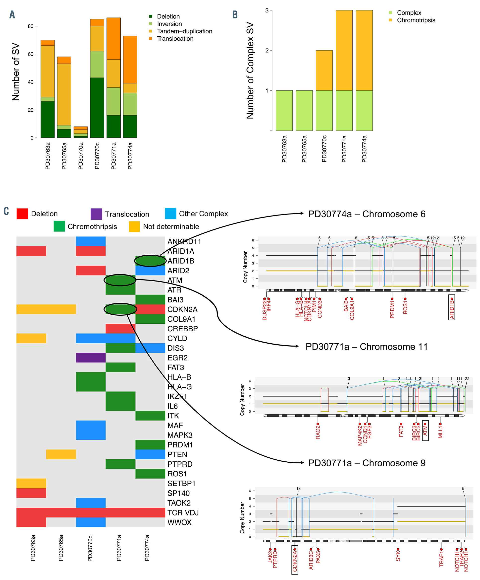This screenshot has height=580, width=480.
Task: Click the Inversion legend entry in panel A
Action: pyautogui.click(x=169, y=24)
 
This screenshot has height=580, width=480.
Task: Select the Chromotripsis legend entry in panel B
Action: pyautogui.click(x=416, y=20)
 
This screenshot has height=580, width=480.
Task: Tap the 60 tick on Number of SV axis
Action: pyautogui.click(x=31, y=54)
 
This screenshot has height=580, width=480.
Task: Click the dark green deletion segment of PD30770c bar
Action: pyautogui.click(x=97, y=107)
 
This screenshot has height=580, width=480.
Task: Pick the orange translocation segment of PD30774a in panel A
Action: pyautogui.click(x=130, y=59)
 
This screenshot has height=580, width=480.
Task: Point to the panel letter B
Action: pyautogui.click(x=235, y=15)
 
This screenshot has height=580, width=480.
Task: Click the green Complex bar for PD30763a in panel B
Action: pyautogui.click(x=284, y=110)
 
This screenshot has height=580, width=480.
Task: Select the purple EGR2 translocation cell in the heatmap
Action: pyautogui.click(x=91, y=358)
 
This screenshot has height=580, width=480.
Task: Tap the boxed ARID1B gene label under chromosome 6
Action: pyautogui.click(x=452, y=307)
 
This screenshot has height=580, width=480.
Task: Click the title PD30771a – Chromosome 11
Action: pyautogui.click(x=366, y=347)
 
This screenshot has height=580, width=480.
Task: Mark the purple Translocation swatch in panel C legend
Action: pyautogui.click(x=96, y=214)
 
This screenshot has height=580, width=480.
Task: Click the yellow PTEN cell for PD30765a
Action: pyautogui.click(x=61, y=454)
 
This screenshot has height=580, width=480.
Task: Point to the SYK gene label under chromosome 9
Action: pyautogui.click(x=398, y=555)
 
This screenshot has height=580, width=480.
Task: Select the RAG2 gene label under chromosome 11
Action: pyautogui.click(x=318, y=432)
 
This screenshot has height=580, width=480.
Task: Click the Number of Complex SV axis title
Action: pyautogui.click(x=250, y=71)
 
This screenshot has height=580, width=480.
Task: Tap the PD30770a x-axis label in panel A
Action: pyautogui.click(x=81, y=156)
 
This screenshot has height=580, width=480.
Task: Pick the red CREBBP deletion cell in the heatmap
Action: pyautogui.click(x=120, y=329)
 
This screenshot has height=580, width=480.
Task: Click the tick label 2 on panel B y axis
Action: pyautogui.click(x=267, y=51)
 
